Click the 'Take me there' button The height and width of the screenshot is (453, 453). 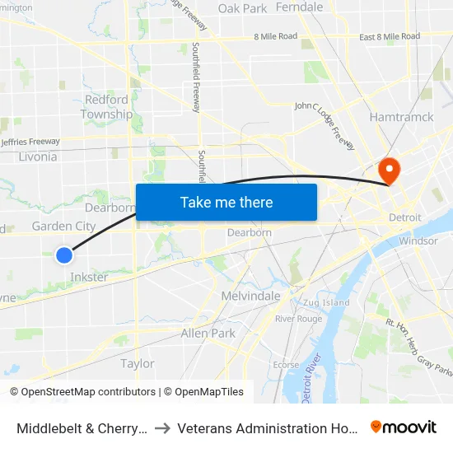(x=226, y=202)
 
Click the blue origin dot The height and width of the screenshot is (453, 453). (x=64, y=255)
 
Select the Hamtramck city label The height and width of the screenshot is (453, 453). (x=402, y=117)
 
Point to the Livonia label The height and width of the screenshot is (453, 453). (x=37, y=156)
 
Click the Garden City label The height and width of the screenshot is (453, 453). (x=63, y=226)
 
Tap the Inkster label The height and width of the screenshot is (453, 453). (x=89, y=277)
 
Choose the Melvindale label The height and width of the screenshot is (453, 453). (x=251, y=296)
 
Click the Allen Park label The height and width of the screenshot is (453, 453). (x=208, y=334)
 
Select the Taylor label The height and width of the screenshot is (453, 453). (x=138, y=363)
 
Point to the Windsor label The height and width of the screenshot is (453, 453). (x=418, y=241)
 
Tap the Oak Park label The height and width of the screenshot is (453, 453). (x=242, y=8)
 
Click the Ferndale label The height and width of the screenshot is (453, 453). (x=300, y=7)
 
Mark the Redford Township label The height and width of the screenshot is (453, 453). (x=107, y=107)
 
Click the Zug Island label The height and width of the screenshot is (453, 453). (x=325, y=302)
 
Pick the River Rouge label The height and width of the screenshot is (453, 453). (x=298, y=319)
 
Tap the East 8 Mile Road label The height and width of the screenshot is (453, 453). (x=390, y=36)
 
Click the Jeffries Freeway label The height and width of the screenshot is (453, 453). (x=31, y=142)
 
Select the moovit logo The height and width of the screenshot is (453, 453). (x=403, y=427)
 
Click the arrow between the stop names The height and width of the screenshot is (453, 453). (x=162, y=428)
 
